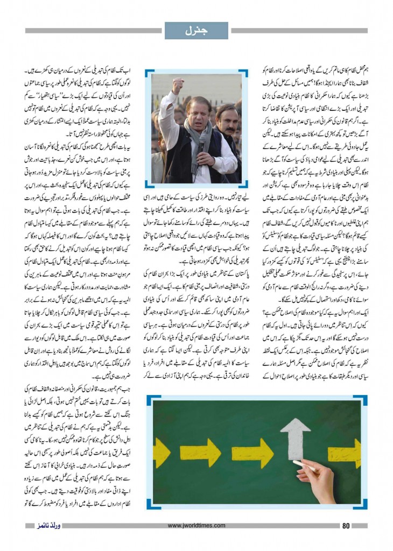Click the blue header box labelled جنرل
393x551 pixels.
196,30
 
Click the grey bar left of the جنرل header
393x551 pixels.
93,31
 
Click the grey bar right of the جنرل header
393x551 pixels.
299,31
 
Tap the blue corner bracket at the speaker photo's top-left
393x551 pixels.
149,72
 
